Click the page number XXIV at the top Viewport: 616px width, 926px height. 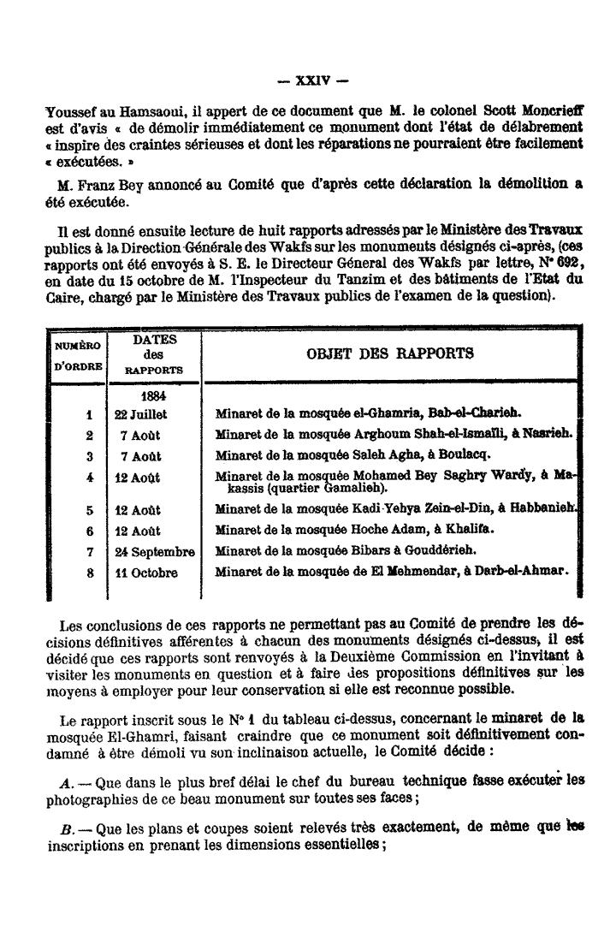pos(307,83)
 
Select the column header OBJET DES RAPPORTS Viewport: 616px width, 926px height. pos(388,353)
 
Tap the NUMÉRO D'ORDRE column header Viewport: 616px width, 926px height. pos(78,355)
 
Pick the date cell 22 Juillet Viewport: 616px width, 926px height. pos(144,413)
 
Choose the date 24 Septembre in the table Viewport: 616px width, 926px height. pos(155,550)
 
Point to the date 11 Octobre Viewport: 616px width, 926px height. pos(146,573)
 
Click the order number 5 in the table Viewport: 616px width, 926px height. pos(89,510)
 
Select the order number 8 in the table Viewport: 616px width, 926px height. pos(89,573)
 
